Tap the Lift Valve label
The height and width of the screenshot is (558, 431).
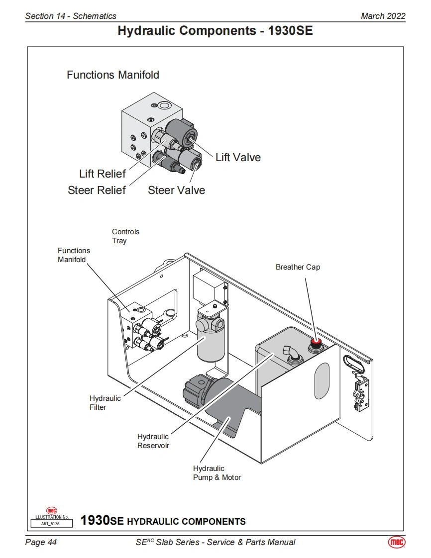pos(238,157)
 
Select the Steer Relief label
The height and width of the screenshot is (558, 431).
pos(97,190)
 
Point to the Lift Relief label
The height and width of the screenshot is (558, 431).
pos(103,174)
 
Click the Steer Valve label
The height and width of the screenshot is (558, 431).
pos(176,190)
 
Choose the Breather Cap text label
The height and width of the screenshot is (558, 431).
pos(298,267)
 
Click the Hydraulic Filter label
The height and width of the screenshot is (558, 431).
pos(105,402)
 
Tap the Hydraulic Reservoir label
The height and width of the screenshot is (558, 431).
pos(153,441)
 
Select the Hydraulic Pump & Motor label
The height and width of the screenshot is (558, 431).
pos(217,473)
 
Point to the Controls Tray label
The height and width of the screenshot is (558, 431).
pos(126,236)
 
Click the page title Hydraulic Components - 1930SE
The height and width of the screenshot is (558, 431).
pos(215,31)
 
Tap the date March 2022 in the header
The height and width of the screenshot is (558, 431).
pos(383,16)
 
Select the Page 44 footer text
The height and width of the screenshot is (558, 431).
pos(41,542)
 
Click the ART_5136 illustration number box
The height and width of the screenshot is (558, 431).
pos(52,524)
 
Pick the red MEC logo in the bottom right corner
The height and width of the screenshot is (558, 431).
pos(397,542)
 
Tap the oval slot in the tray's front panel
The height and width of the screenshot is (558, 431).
pos(322,381)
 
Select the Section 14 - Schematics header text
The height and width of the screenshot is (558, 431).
pos(71,16)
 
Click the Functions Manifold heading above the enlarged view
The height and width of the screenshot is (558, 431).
pos(113,75)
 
